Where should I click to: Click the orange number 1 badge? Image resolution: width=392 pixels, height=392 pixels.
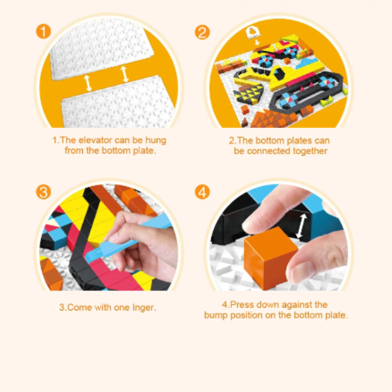click(x=44, y=31)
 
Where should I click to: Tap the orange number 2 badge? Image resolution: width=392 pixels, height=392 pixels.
click(x=203, y=32)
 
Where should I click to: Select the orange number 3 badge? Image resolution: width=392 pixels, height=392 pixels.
click(x=44, y=192)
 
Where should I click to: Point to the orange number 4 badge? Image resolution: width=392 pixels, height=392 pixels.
click(x=203, y=192)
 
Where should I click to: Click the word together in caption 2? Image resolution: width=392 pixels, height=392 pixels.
click(x=310, y=152)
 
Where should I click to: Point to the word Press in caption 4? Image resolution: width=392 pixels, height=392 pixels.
click(x=242, y=304)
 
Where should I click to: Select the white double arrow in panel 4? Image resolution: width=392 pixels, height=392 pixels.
click(x=301, y=226)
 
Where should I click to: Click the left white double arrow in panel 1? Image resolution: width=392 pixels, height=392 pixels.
click(x=88, y=83)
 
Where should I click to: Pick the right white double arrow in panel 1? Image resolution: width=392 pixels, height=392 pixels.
click(x=125, y=74)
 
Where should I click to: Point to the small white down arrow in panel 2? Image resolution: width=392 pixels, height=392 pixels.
click(x=257, y=42)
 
